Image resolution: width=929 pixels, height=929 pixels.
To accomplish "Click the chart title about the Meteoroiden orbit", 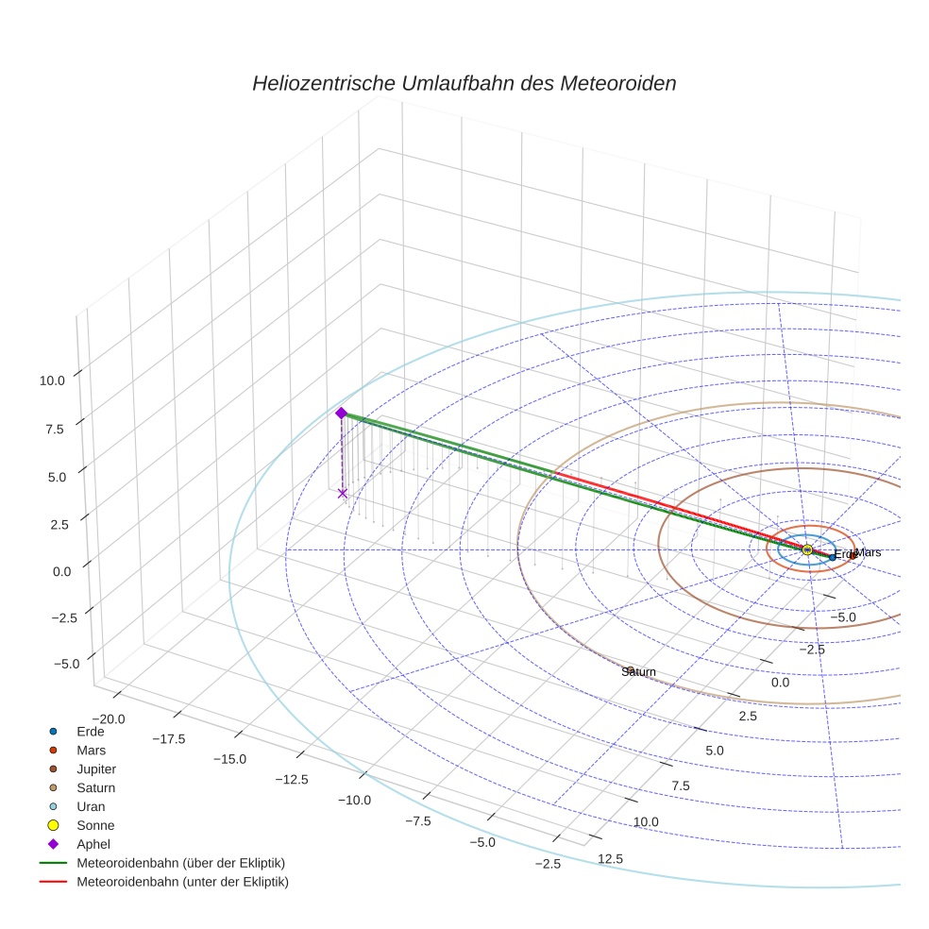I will (464, 83).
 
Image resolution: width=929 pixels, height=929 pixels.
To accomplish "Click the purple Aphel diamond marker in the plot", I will (342, 413).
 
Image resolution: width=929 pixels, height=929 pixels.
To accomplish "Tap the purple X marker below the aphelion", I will (342, 493).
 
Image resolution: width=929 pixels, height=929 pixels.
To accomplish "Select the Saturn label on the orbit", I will (638, 671).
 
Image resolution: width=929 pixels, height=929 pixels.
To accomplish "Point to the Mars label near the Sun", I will (868, 552).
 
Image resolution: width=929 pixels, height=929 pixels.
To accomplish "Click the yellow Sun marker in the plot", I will (807, 549).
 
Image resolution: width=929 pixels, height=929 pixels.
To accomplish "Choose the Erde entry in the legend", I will (90, 731).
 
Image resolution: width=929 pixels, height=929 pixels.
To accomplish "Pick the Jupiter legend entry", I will (96, 769).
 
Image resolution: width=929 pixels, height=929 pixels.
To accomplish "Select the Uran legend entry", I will (91, 806).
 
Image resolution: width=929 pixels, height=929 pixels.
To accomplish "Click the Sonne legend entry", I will (95, 825).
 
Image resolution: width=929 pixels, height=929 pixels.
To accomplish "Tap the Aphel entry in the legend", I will (93, 844).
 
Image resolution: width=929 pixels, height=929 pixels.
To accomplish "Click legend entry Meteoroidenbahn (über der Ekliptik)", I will (180, 863).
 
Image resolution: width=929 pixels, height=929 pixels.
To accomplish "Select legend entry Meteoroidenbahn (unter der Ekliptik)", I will (182, 882).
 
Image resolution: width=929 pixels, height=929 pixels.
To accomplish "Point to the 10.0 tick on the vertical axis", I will (51, 380).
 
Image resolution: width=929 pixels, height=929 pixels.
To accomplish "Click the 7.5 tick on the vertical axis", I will (55, 429).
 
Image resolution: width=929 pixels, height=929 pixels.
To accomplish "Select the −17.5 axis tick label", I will (166, 738).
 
